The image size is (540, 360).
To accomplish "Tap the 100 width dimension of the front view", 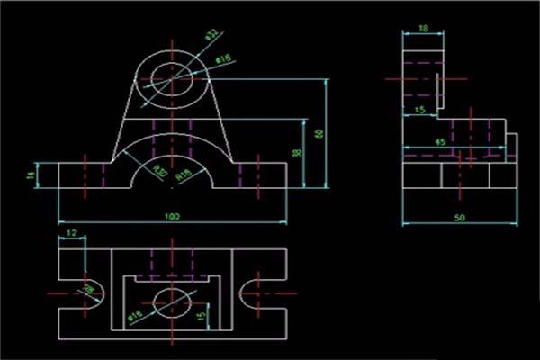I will click(x=171, y=216).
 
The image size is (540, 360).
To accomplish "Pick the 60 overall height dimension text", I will click(x=318, y=133).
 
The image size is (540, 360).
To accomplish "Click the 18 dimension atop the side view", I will click(x=423, y=28).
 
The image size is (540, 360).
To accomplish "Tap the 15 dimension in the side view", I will click(x=419, y=110).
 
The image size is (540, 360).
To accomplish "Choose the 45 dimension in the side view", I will click(x=441, y=142).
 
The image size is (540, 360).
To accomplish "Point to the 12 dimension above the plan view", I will click(x=71, y=234).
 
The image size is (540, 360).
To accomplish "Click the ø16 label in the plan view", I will click(x=134, y=316).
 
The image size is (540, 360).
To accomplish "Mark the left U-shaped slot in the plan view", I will click(x=93, y=293).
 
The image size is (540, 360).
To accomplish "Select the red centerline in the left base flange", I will click(x=85, y=173).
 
